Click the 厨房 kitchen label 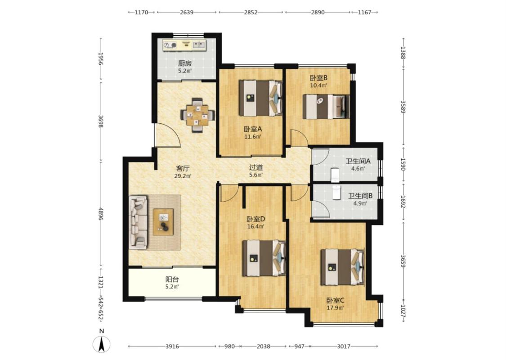point(184,63)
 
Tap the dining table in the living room point(198,115)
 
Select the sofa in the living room point(138,222)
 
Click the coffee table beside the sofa point(163,222)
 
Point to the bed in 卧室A point(260,98)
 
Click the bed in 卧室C point(342,267)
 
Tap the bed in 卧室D point(264,258)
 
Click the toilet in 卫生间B point(336,193)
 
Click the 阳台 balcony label point(172,279)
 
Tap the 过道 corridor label point(256,167)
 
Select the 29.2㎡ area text point(183,176)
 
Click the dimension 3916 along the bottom point(172,346)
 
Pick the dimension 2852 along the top point(251,12)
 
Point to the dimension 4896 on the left point(101,214)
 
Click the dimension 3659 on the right point(403,261)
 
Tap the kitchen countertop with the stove point(184,45)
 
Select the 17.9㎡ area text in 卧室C point(335,308)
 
